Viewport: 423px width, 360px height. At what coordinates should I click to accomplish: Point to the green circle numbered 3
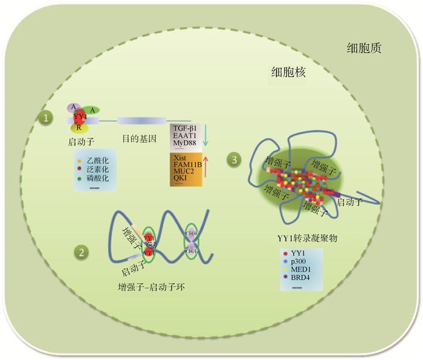point(234,160)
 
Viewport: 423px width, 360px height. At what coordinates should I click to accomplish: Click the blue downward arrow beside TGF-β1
point(205,134)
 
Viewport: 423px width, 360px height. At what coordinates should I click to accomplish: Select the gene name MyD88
point(186,143)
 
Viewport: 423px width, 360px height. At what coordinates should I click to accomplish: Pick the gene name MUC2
point(183,172)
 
